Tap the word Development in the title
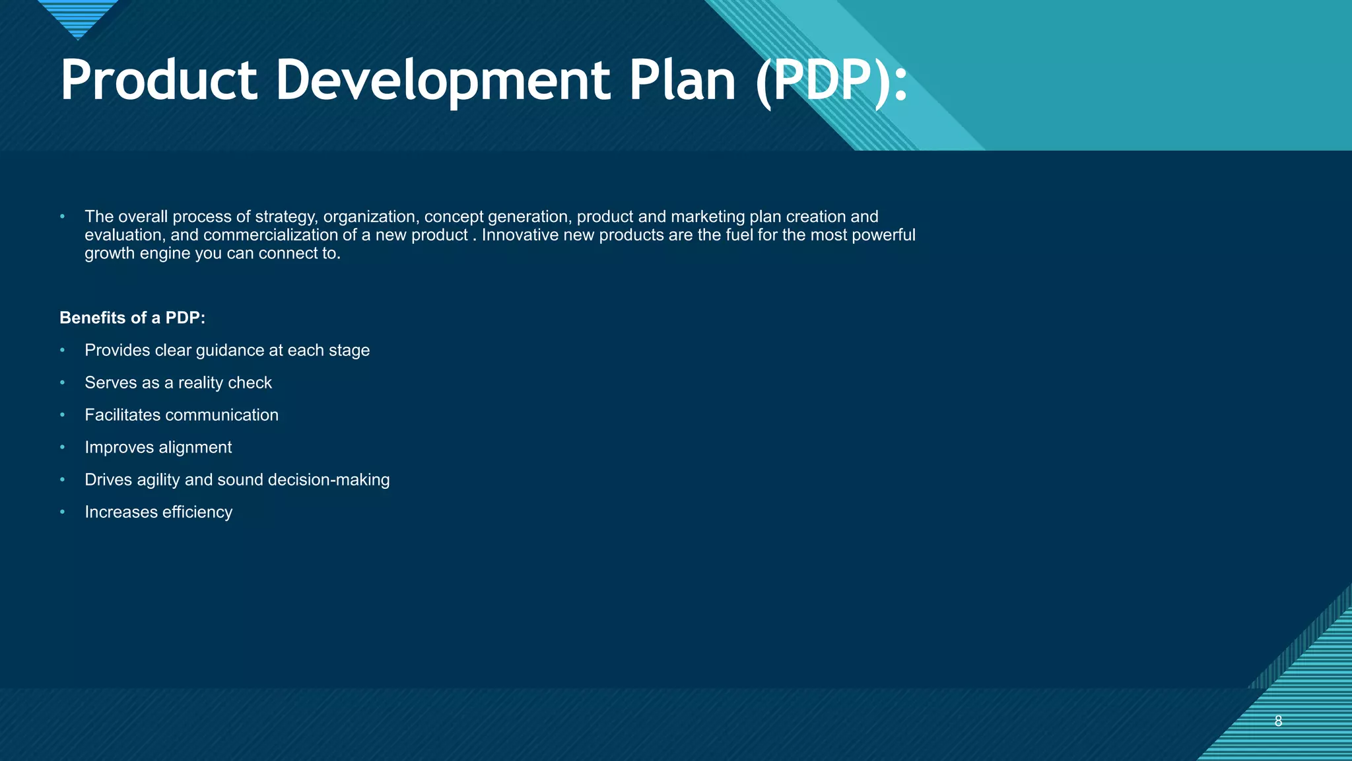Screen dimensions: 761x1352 [x=442, y=81]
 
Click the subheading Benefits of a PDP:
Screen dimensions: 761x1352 [x=132, y=318]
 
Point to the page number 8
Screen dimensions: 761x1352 [x=1278, y=721]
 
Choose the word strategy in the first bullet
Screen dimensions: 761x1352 [x=287, y=217]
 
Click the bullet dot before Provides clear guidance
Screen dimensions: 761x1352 [x=63, y=350]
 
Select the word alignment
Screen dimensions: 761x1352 [x=195, y=447]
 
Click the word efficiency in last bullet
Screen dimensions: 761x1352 [x=197, y=512]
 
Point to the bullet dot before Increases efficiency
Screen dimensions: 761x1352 [x=63, y=512]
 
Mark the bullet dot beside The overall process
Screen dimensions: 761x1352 [x=63, y=217]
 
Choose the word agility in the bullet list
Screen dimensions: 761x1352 [x=158, y=480]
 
